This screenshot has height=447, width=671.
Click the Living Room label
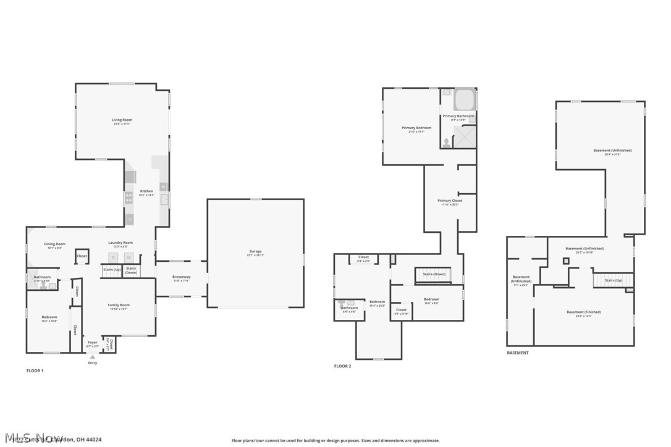pyautogui.click(x=122, y=120)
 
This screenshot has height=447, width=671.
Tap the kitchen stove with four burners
pyautogui.click(x=129, y=198)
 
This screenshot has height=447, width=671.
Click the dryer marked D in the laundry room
pyautogui.click(x=113, y=257)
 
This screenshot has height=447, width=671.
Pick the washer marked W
pyautogui.click(x=129, y=257)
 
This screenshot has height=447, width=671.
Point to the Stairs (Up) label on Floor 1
pyautogui.click(x=111, y=270)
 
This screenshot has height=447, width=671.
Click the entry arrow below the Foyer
pyautogui.click(x=93, y=356)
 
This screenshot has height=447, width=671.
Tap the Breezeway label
pyautogui.click(x=181, y=277)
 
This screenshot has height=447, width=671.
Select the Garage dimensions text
pyautogui.click(x=255, y=255)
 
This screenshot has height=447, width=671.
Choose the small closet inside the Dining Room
pyautogui.click(x=82, y=256)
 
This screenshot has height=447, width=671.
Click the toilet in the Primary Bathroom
pyautogui.click(x=445, y=142)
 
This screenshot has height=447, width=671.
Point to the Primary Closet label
pyautogui.click(x=449, y=200)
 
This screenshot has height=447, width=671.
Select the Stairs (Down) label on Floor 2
pyautogui.click(x=434, y=274)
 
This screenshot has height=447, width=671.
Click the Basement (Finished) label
pyautogui.click(x=583, y=312)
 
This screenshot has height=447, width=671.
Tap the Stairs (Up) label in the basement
pyautogui.click(x=613, y=280)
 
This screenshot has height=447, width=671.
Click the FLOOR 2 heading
pyautogui.click(x=342, y=366)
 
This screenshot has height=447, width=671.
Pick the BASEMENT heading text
pyautogui.click(x=518, y=353)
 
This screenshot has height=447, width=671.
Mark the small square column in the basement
pyautogui.click(x=565, y=261)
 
